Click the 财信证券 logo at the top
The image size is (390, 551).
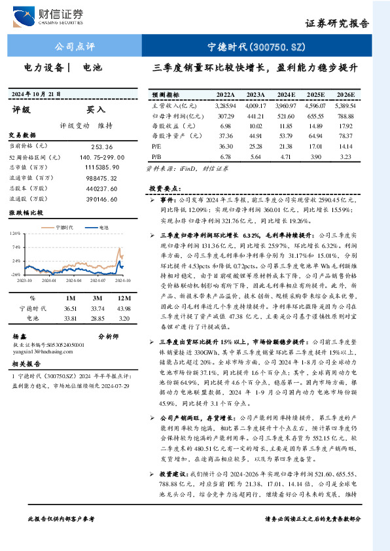click(x=56, y=14)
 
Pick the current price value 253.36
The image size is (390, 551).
click(x=102, y=147)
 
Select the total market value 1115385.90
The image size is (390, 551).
click(x=102, y=168)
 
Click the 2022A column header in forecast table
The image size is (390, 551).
click(x=225, y=94)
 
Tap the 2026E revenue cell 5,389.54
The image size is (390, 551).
click(x=344, y=105)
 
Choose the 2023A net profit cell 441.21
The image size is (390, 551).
click(x=256, y=115)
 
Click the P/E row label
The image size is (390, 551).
click(x=156, y=147)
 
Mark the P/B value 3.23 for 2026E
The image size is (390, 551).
click(x=347, y=157)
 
